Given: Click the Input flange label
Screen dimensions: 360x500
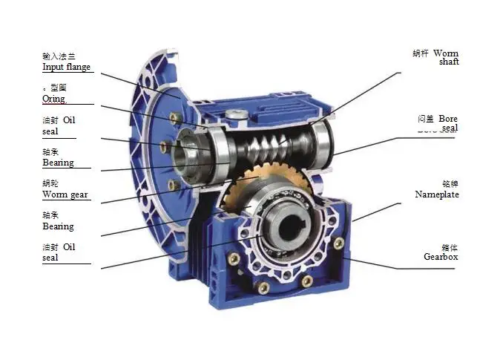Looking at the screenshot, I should tap(66, 67).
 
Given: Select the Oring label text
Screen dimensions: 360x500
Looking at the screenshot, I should tap(53, 99).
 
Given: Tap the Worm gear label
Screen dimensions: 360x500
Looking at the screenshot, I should tap(65, 194).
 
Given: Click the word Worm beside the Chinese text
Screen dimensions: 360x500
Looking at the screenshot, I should tap(446, 53).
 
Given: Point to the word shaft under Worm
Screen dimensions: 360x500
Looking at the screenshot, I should tap(449, 62).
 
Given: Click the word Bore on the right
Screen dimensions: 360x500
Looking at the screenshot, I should tap(448, 118).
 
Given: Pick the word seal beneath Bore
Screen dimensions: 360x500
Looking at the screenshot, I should tap(450, 128).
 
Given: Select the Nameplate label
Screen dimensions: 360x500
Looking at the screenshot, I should tap(437, 194).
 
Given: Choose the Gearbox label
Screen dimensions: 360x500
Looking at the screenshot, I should tap(441, 256).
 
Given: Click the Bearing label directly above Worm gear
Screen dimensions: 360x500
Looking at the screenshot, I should tap(58, 163).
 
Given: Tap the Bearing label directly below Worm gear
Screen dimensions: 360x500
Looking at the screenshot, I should tap(58, 226).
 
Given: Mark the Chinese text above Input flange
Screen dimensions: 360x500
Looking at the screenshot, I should tap(59, 56).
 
